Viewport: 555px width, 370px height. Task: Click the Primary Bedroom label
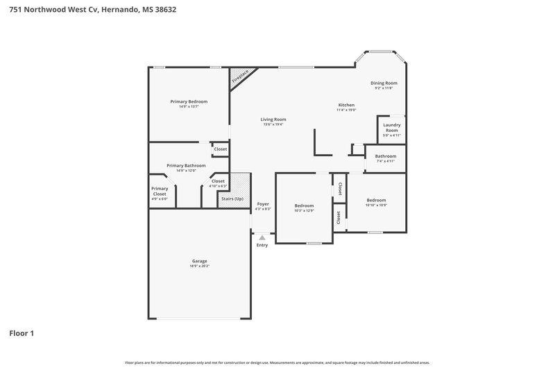pos(189,101)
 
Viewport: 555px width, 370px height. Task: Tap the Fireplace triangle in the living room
pos(241,77)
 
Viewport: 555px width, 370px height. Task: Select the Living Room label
pos(273,119)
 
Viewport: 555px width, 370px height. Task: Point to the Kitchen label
pos(345,105)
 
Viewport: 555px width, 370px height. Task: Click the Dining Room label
pos(384,83)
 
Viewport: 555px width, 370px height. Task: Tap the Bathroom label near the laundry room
pos(385,156)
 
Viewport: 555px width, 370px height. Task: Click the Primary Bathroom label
pos(186,165)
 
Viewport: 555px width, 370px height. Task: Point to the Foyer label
pos(262,203)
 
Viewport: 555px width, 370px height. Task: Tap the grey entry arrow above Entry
pos(262,237)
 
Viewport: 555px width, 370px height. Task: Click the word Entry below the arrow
pos(262,245)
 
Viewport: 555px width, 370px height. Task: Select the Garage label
pos(199,261)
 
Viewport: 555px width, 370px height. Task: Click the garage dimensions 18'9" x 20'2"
pos(199,266)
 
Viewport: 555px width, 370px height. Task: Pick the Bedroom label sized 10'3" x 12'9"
pos(304,205)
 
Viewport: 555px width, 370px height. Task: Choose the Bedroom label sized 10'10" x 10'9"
pos(376,200)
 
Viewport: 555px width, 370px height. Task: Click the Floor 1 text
pos(22,333)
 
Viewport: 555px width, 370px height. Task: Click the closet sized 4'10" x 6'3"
pos(218,182)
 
